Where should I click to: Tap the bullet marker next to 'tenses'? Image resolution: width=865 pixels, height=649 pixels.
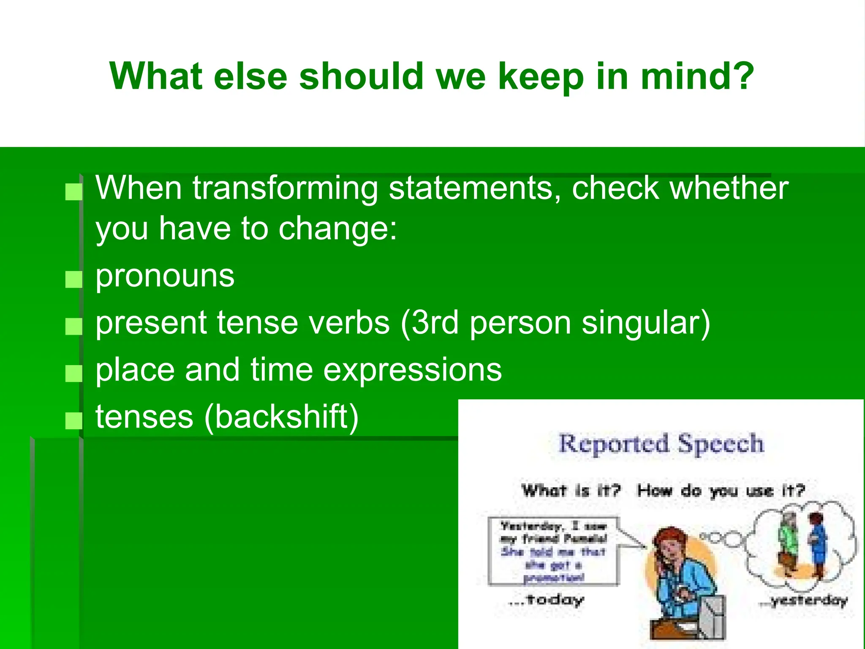click(74, 421)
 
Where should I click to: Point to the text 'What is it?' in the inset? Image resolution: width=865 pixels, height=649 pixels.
click(571, 491)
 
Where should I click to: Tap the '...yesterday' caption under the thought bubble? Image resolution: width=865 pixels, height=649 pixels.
click(802, 600)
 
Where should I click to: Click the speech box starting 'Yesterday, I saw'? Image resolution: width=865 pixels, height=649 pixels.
click(553, 551)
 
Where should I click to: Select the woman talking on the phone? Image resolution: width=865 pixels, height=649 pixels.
click(680, 583)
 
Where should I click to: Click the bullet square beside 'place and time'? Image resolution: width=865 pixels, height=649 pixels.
click(74, 374)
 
